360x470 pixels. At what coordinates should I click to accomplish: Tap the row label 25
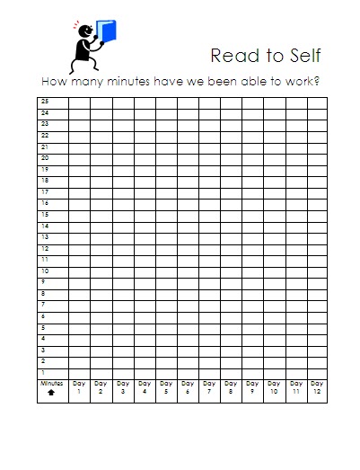click(44, 102)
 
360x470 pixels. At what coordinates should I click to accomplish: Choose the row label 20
click(44, 157)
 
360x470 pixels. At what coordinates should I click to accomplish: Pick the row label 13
click(44, 236)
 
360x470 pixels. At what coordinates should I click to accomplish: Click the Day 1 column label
click(79, 387)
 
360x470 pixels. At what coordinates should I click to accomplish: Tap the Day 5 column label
click(165, 387)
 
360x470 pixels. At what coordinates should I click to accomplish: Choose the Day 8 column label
click(231, 387)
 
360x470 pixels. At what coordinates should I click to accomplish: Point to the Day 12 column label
click(317, 387)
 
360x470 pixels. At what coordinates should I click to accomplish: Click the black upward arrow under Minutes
click(51, 392)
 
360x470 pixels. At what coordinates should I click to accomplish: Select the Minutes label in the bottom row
click(51, 383)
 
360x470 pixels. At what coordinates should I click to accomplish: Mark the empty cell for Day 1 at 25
click(79, 102)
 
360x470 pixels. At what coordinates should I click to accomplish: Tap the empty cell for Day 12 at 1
click(317, 371)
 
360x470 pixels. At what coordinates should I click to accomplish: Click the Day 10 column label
click(274, 387)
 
